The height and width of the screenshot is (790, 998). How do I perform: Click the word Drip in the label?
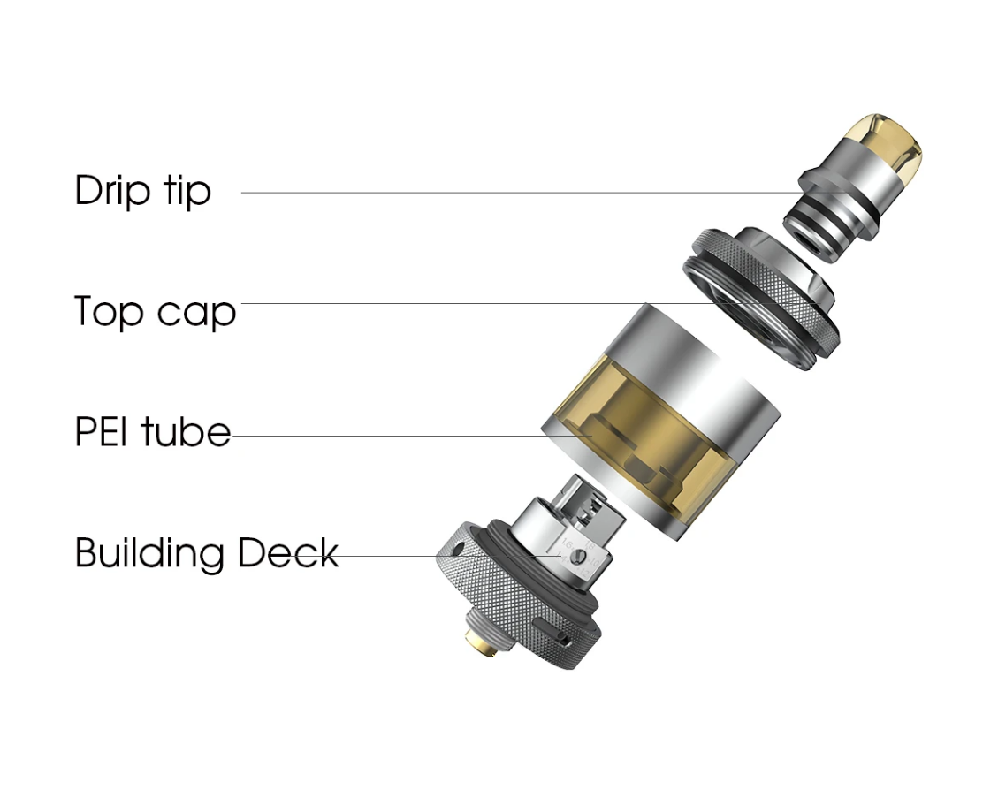tap(112, 190)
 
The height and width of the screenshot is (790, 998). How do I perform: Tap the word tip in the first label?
tap(187, 190)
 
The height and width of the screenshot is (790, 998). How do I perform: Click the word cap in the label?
tap(196, 314)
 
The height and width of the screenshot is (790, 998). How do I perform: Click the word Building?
tap(149, 553)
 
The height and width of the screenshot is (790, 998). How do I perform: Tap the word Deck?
tap(287, 553)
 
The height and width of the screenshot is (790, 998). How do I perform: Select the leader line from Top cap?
tap(515, 303)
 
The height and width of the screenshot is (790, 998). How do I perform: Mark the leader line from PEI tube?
tap(413, 436)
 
